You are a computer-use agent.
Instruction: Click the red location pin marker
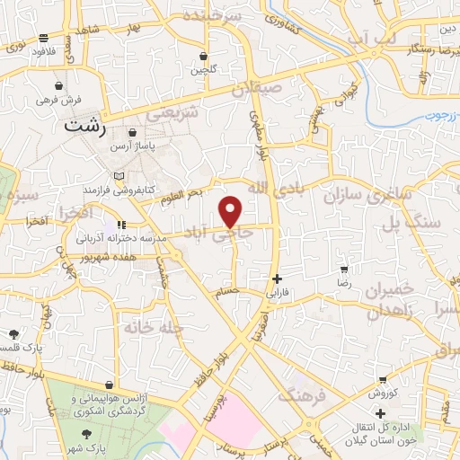tap(231, 211)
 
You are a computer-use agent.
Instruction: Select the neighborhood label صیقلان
tap(257, 90)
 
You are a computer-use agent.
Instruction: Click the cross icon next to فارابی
tap(277, 279)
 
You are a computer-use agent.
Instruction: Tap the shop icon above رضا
tap(344, 269)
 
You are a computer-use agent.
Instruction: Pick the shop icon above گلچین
tap(204, 56)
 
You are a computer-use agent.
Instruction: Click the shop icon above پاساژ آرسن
tap(132, 133)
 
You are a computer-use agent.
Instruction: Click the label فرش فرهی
tap(58, 100)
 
